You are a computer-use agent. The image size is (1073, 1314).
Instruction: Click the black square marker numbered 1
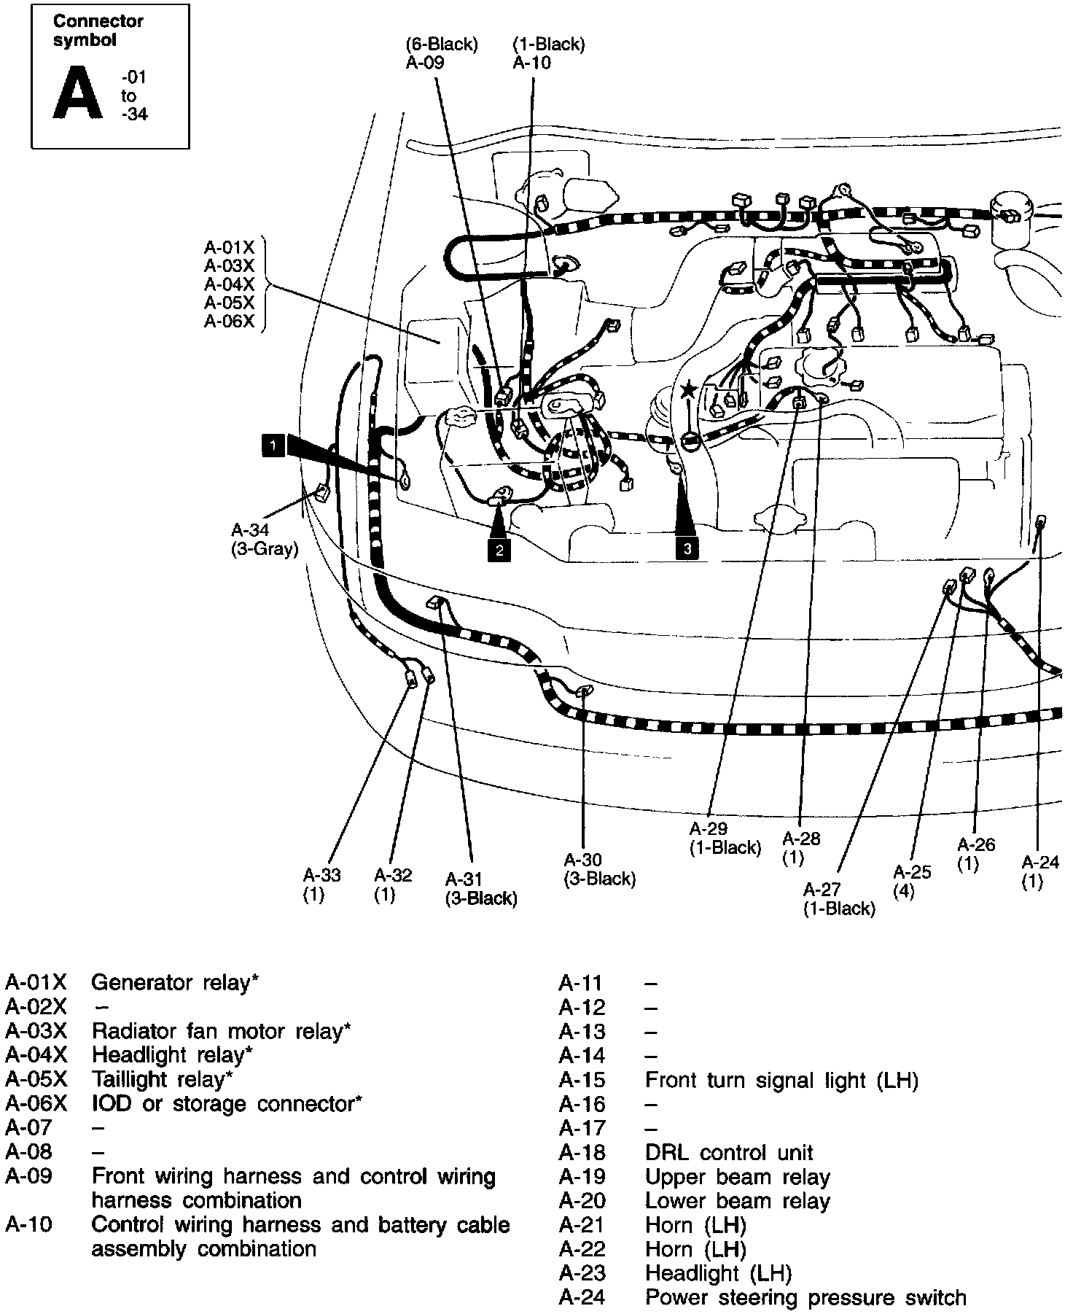click(273, 445)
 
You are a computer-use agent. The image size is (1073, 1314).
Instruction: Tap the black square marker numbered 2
click(499, 550)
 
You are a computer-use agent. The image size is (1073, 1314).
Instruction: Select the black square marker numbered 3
click(687, 548)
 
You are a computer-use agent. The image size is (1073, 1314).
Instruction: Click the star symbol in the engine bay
click(688, 390)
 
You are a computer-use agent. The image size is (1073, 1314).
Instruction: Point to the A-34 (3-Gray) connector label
click(265, 540)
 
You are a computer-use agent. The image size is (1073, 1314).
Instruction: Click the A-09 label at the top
click(424, 63)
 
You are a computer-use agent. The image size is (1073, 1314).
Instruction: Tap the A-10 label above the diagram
click(532, 63)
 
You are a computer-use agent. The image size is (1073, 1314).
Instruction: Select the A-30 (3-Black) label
click(599, 869)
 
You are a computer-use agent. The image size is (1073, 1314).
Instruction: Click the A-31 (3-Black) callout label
click(481, 889)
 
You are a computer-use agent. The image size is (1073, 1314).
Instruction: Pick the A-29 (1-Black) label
click(725, 838)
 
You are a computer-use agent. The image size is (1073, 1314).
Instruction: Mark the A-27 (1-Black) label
click(838, 898)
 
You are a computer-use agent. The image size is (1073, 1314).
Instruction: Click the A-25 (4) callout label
click(912, 882)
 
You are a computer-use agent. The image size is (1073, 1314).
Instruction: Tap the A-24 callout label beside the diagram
click(1039, 871)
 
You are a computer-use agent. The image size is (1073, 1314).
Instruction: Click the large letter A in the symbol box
click(77, 94)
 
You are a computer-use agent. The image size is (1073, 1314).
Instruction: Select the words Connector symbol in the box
click(98, 31)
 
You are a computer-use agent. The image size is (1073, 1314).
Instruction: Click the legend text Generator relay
click(173, 983)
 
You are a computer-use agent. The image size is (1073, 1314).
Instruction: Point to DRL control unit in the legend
click(729, 1153)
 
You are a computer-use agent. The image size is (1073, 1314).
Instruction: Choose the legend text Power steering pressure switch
click(805, 1298)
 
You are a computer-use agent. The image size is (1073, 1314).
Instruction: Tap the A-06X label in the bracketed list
click(229, 321)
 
